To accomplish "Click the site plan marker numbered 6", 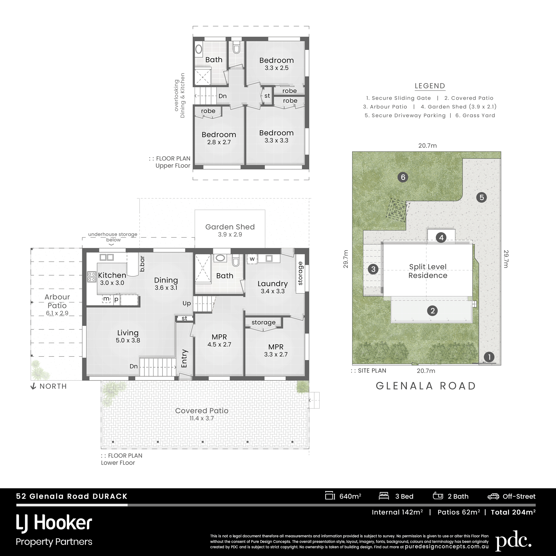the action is pos(403,177).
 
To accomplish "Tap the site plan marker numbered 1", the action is pos(489,357).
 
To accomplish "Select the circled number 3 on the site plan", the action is pos(373,269).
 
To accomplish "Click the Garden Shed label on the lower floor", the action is pos(230,227).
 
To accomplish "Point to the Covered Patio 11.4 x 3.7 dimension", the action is pos(202,419).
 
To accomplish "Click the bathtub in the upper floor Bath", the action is pos(199,49).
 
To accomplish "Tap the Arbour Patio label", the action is pos(57,301).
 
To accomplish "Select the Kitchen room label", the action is pos(112,275).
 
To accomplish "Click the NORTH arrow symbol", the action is pos(33,386).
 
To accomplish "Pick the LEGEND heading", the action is pos(430,86).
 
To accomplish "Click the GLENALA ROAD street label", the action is pos(426,386).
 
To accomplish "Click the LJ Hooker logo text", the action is pos(54,523).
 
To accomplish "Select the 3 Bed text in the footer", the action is pos(404,497).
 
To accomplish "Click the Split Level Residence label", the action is pos(428,271).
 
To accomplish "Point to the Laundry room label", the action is pos(272,284).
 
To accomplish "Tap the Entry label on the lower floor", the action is pos(184,358).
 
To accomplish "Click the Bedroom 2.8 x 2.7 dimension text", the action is pos(219,143).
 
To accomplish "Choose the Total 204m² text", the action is pos(513,512).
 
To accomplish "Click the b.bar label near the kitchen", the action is pos(142,264).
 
